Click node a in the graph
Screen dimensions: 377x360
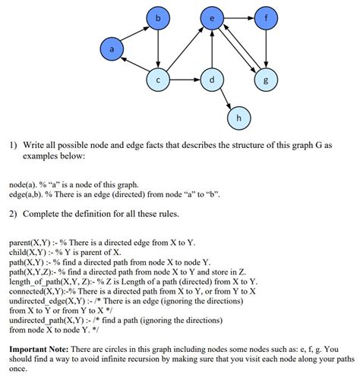pyautogui.click(x=112, y=49)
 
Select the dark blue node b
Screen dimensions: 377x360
pyautogui.click(x=157, y=17)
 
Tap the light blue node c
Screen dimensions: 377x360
pyautogui.click(x=157, y=79)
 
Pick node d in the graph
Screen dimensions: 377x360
pyautogui.click(x=211, y=79)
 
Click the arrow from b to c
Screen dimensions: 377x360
pyautogui.click(x=157, y=48)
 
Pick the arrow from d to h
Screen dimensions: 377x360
pyautogui.click(x=225, y=99)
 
